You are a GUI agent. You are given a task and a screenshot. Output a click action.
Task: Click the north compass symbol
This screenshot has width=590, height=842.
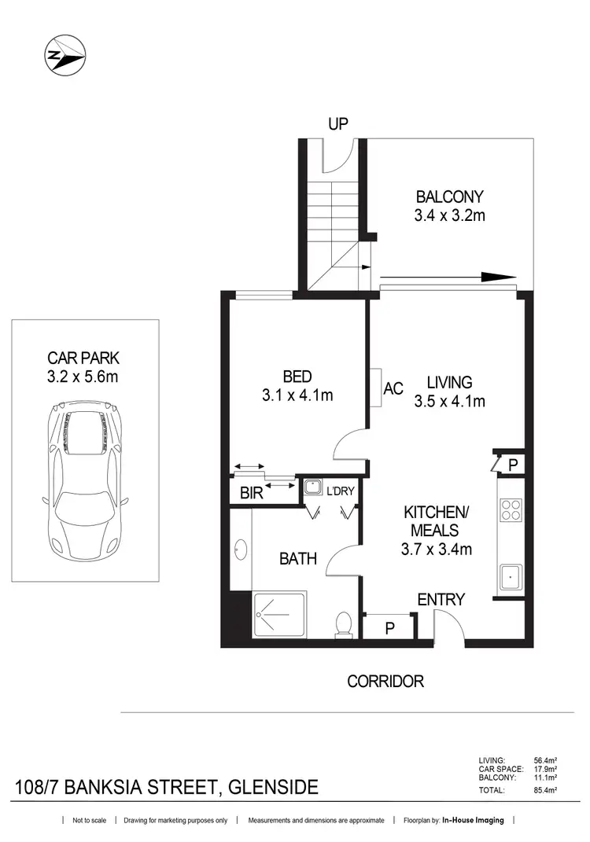click(62, 54)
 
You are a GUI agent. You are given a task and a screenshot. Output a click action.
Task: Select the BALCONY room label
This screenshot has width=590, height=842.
click(450, 197)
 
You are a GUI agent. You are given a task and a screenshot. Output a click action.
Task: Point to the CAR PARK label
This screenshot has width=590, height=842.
click(83, 358)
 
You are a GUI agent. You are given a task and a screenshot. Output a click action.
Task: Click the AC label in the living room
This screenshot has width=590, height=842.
click(393, 388)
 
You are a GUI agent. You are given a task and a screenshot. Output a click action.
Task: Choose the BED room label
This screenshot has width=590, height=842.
click(298, 375)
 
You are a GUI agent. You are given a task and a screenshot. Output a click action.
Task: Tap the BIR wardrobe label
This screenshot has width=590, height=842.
click(251, 495)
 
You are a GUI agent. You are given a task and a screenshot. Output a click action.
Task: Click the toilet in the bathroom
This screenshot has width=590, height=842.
click(342, 623)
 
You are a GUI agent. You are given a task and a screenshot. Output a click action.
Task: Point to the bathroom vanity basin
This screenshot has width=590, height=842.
click(240, 549)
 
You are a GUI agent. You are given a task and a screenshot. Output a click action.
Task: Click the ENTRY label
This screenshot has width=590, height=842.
click(441, 600)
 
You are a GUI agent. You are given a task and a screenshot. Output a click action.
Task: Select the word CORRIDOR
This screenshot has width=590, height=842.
click(385, 681)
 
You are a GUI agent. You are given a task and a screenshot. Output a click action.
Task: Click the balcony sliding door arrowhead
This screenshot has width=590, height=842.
click(498, 277)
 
